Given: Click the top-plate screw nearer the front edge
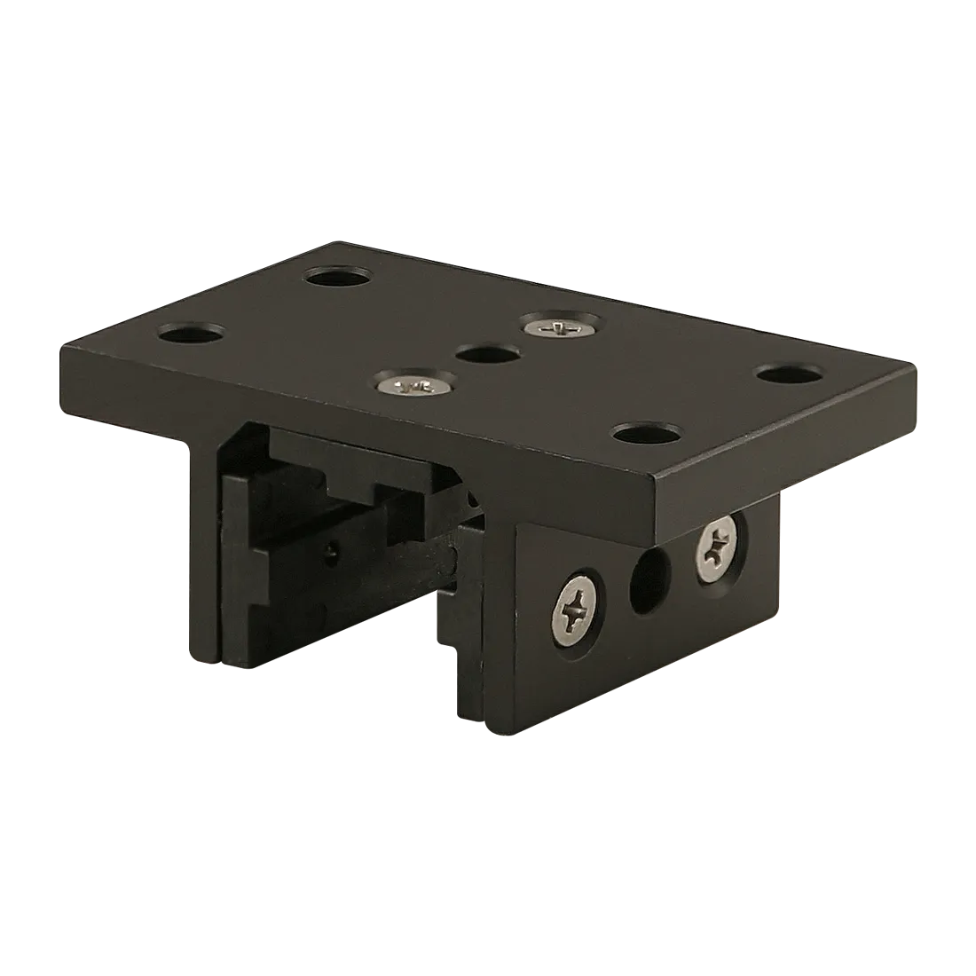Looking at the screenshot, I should pyautogui.click(x=412, y=385).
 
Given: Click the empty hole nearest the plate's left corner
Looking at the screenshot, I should pyautogui.click(x=190, y=335).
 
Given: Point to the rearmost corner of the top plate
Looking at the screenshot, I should pyautogui.click(x=335, y=240).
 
